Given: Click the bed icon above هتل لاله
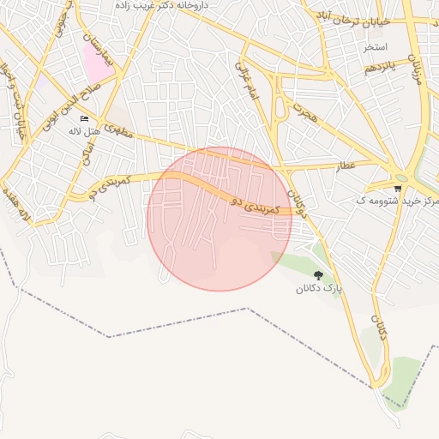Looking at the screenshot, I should tap(84, 119).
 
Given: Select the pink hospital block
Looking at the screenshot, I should tap(96, 60).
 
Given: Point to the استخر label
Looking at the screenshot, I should tap(376, 45).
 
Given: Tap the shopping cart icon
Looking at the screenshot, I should tap(397, 188).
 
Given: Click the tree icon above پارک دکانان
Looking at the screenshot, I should tap(319, 275).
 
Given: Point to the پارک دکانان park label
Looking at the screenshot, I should tap(319, 289).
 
